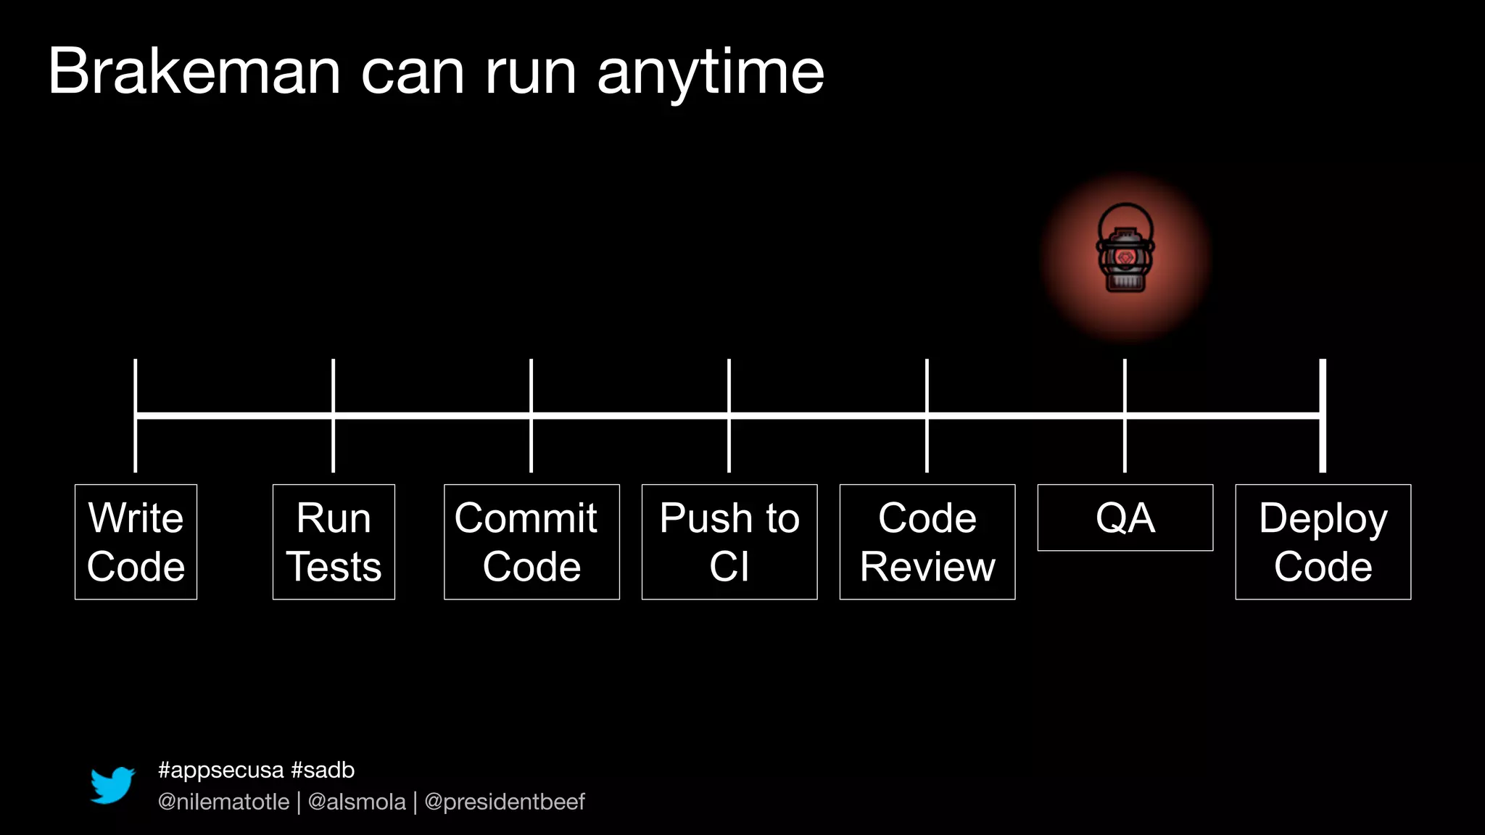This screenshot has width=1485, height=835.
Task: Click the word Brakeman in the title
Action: click(194, 72)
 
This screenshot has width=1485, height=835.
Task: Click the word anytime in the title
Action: click(711, 73)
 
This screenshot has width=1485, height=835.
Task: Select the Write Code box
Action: click(136, 542)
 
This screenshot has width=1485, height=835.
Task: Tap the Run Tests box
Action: click(334, 542)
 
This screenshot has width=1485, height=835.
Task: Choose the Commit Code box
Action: click(531, 542)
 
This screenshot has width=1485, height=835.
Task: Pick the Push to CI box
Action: click(729, 542)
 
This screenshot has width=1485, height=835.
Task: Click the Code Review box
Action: click(927, 542)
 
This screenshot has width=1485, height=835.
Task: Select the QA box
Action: click(1125, 518)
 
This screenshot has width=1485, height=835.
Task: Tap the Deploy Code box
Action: click(1323, 542)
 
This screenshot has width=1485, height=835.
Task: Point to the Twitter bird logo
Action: click(112, 785)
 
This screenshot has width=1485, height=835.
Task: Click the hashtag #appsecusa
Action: click(220, 770)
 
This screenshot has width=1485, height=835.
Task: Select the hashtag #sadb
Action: click(323, 770)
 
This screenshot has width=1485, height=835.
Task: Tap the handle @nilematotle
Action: click(223, 802)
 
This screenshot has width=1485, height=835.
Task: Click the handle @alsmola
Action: click(357, 802)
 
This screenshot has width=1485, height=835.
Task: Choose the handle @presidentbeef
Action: click(505, 802)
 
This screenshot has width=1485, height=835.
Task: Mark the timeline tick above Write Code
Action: click(136, 384)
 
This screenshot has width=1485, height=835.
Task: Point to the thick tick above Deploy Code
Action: click(1323, 384)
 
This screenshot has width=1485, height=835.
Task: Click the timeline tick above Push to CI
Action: click(729, 384)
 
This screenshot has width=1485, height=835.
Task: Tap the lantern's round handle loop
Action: click(1125, 207)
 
